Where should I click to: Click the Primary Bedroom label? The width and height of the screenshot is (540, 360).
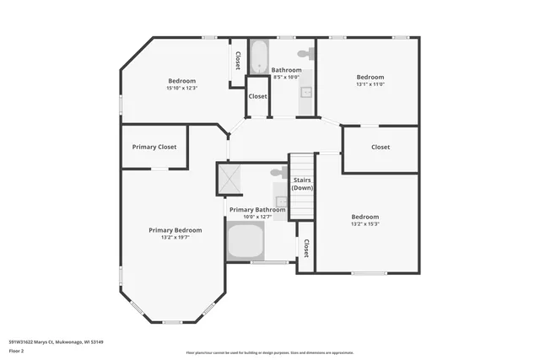(x=175, y=230)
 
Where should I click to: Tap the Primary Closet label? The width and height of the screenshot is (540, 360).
(x=154, y=147)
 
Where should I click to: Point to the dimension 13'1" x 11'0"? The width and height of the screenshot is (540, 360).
(x=370, y=84)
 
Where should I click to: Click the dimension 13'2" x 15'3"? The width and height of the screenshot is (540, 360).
(x=364, y=224)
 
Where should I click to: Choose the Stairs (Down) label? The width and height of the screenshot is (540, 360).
(x=302, y=184)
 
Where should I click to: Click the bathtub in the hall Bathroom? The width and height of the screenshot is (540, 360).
(x=259, y=56)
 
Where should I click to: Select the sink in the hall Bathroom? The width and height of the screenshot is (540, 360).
(x=306, y=92)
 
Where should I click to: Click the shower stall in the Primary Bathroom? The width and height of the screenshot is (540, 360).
(x=229, y=178)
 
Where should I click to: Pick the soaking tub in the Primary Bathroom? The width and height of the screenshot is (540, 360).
(x=246, y=241)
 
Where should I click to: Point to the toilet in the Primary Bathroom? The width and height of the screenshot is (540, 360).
(x=278, y=173)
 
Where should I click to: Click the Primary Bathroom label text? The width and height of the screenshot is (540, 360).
(x=257, y=209)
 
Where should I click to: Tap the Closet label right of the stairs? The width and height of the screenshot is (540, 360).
(x=381, y=147)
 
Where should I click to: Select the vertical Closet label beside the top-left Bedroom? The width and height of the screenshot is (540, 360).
(x=238, y=61)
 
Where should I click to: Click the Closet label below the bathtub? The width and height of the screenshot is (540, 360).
(x=257, y=96)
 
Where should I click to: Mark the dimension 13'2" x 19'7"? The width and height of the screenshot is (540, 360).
(x=175, y=238)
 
